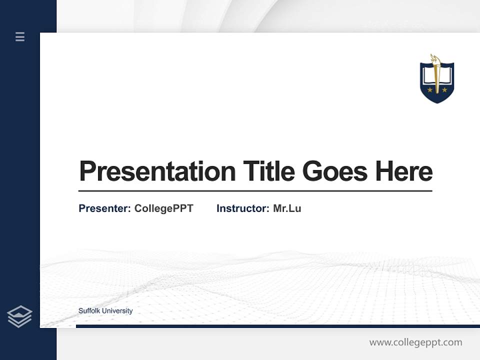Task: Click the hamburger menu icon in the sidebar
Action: pyautogui.click(x=20, y=36)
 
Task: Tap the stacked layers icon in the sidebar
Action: pyautogui.click(x=19, y=316)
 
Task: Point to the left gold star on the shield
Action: pyautogui.click(x=429, y=90)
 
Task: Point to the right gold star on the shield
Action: pyautogui.click(x=444, y=90)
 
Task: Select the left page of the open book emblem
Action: pyautogui.click(x=429, y=76)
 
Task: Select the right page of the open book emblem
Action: pyautogui.click(x=444, y=76)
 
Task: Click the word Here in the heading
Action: pyautogui.click(x=404, y=171)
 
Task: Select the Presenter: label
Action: pyautogui.click(x=104, y=208)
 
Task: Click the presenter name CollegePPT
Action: pyautogui.click(x=163, y=208)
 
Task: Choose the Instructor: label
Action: pyautogui.click(x=242, y=208)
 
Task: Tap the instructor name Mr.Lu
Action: pyautogui.click(x=287, y=208)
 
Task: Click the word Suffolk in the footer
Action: pyautogui.click(x=88, y=311)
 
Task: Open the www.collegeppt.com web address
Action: pyautogui.click(x=415, y=342)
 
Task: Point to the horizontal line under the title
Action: pyautogui.click(x=255, y=191)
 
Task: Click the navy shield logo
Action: pyautogui.click(x=436, y=80)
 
